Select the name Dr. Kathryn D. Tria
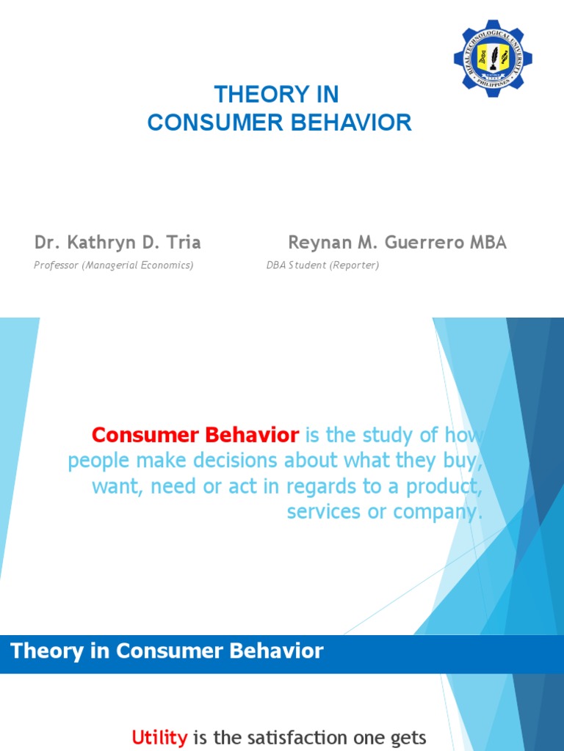click(117, 243)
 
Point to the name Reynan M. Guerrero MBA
click(397, 243)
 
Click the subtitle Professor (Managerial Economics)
click(114, 265)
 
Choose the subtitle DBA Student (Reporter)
click(322, 265)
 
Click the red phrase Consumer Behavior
click(195, 436)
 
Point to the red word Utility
click(159, 738)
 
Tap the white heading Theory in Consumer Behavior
click(167, 651)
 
